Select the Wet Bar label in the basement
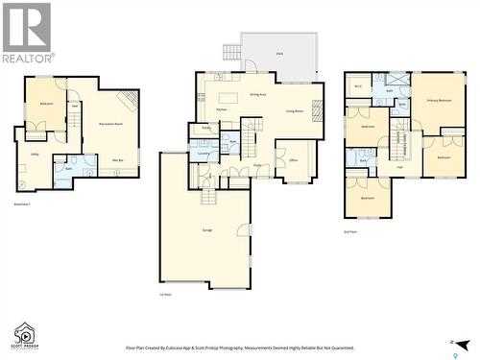(116, 160)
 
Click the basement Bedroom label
(46, 103)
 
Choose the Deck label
(279, 55)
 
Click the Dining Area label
(258, 95)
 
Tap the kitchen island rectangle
(228, 97)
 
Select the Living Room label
(295, 111)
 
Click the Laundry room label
(204, 154)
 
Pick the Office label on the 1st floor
(294, 160)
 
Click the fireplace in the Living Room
(318, 109)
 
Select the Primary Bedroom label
(439, 99)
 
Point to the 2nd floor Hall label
(400, 167)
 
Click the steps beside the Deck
(231, 53)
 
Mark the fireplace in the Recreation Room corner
(127, 101)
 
